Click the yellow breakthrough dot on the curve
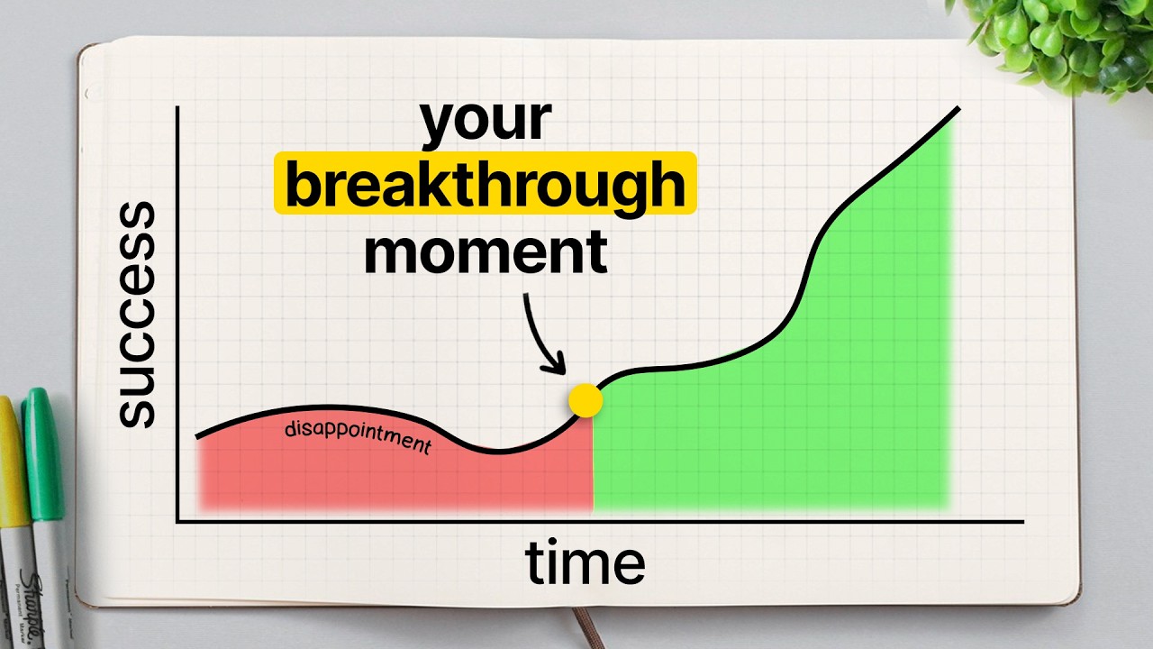coord(586,400)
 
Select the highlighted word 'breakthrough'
coord(485,183)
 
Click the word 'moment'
coord(486,252)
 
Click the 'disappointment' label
coord(358,437)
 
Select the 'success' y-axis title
coord(136,315)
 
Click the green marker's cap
coord(44,453)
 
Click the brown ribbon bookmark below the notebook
coord(588,628)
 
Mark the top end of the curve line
coord(958,108)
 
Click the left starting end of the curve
coord(197,437)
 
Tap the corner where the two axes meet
coord(177,522)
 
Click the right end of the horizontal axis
coord(1023,522)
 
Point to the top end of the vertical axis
coord(177,107)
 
